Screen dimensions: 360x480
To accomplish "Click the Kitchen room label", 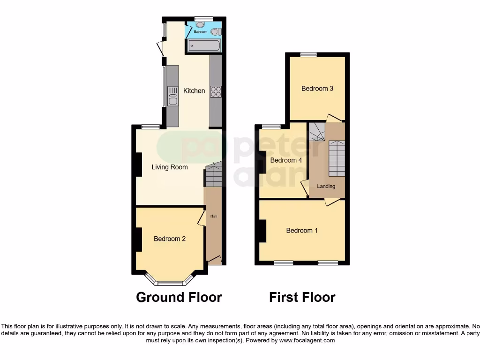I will pyautogui.click(x=194, y=90).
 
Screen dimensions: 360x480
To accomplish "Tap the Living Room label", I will pyautogui.click(x=169, y=167).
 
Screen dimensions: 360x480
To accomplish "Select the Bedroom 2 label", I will pyautogui.click(x=170, y=239).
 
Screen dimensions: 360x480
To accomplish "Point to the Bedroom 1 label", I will pyautogui.click(x=302, y=230).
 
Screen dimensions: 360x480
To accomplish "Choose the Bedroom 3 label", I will pyautogui.click(x=317, y=88).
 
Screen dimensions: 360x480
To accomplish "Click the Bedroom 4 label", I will pyautogui.click(x=286, y=160).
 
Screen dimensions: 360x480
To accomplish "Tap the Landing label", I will pyautogui.click(x=326, y=186).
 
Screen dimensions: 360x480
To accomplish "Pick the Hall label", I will pyautogui.click(x=214, y=216).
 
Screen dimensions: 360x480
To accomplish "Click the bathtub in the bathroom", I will pyautogui.click(x=204, y=45).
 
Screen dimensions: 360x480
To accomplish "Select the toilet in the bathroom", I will pyautogui.click(x=216, y=32).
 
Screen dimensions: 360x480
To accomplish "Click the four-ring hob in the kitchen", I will pyautogui.click(x=216, y=91).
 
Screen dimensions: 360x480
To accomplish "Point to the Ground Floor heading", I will pyautogui.click(x=179, y=297).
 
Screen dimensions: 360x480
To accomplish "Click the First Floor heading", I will pyautogui.click(x=302, y=297).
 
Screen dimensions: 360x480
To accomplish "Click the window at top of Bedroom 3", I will pyautogui.click(x=308, y=54).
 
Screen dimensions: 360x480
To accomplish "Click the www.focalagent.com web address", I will pyautogui.click(x=307, y=340).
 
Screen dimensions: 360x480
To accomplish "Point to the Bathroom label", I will pyautogui.click(x=201, y=32).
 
